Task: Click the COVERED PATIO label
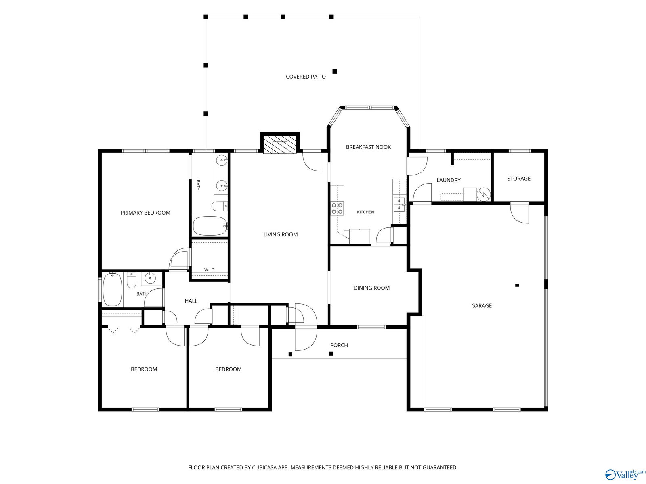306,77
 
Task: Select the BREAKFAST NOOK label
368,147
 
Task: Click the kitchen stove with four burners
337,208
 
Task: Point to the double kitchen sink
399,204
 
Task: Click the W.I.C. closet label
210,269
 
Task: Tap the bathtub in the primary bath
210,226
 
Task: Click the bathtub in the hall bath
112,289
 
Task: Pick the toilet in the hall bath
132,280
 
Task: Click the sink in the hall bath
151,277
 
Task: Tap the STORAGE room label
518,178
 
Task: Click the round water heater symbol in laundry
484,194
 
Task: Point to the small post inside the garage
517,285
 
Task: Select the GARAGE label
481,306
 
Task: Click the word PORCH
339,345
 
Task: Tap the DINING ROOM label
371,288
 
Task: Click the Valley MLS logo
625,474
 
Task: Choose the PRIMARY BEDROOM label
145,213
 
